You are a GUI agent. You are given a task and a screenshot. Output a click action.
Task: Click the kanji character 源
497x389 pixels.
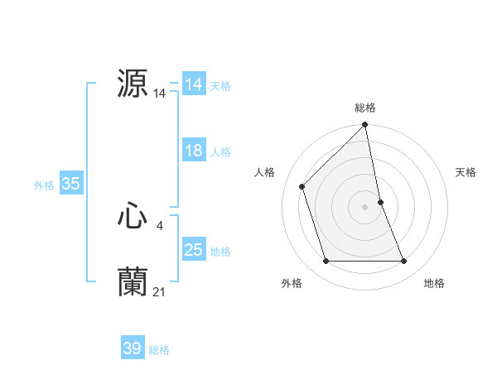pyautogui.click(x=133, y=83)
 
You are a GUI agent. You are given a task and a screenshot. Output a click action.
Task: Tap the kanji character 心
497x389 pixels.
pyautogui.click(x=133, y=217)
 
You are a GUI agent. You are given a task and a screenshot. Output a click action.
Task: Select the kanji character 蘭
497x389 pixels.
pyautogui.click(x=133, y=282)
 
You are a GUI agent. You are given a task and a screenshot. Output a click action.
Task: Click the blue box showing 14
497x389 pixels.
pyautogui.click(x=194, y=84)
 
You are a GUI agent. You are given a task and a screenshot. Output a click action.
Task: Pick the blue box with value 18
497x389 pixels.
pyautogui.click(x=194, y=151)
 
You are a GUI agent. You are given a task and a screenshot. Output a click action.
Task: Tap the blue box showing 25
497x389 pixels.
pyautogui.click(x=194, y=250)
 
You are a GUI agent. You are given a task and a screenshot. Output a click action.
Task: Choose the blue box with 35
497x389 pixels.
pyautogui.click(x=70, y=185)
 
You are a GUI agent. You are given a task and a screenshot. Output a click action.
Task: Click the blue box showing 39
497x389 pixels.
pyautogui.click(x=133, y=349)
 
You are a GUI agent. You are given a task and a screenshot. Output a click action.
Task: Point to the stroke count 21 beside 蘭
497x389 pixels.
pyautogui.click(x=160, y=291)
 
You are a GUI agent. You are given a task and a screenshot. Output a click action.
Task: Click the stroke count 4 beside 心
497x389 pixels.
pyautogui.click(x=159, y=225)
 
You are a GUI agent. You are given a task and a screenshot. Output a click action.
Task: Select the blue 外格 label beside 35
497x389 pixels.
pyautogui.click(x=44, y=185)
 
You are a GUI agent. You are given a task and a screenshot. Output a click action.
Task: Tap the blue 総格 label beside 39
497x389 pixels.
pyautogui.click(x=159, y=350)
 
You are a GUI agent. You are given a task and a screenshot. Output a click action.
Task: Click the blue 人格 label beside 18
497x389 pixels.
pyautogui.click(x=220, y=151)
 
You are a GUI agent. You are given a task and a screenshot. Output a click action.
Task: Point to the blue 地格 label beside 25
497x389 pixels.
pyautogui.click(x=220, y=251)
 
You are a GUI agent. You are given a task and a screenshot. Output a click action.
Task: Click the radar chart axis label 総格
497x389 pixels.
pyautogui.click(x=365, y=108)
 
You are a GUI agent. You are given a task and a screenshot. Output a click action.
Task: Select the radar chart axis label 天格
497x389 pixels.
pyautogui.click(x=466, y=172)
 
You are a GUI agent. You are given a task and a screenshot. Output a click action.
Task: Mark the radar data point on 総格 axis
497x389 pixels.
pyautogui.click(x=365, y=126)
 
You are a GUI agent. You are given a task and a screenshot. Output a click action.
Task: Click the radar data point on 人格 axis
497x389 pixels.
pyautogui.click(x=302, y=186)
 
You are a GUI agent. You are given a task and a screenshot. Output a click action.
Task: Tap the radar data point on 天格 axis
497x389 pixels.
pyautogui.click(x=380, y=202)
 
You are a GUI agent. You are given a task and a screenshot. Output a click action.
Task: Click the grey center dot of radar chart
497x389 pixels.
pyautogui.click(x=365, y=207)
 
